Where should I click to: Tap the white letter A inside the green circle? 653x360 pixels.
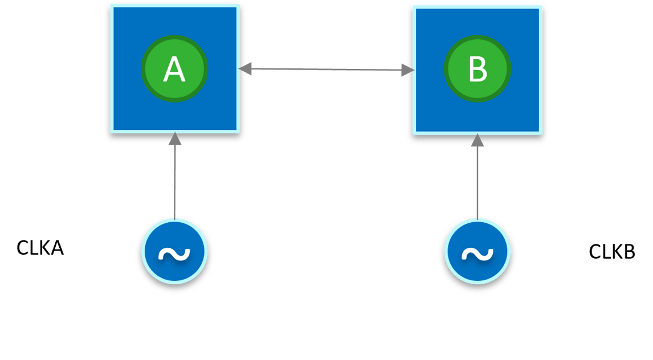[174, 70]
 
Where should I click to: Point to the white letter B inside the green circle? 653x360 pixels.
[477, 70]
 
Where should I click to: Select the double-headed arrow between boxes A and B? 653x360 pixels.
[326, 69]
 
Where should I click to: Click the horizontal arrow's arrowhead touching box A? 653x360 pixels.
[246, 69]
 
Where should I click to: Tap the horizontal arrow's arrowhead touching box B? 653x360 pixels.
[407, 71]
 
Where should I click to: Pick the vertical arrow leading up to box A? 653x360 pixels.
[174, 182]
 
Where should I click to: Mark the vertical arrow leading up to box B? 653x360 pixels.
[477, 182]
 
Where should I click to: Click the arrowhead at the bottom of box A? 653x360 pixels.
[174, 138]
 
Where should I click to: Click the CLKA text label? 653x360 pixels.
[40, 249]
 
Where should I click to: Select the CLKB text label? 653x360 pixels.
[612, 252]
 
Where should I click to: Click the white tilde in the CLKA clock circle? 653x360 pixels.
[174, 254]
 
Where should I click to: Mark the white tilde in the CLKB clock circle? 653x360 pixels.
[477, 254]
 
